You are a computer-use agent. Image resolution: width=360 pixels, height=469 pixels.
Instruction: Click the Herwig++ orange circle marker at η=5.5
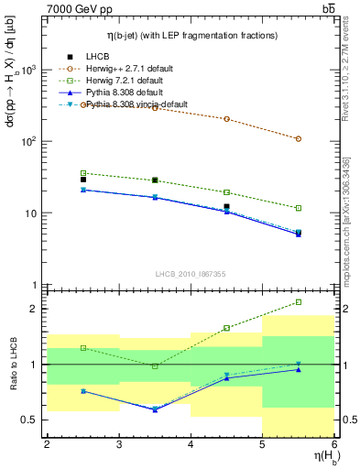(x=299, y=138)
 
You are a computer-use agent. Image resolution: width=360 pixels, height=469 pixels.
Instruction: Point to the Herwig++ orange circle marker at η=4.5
(x=227, y=119)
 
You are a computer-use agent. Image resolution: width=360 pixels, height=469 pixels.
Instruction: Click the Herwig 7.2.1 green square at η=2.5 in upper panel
(x=83, y=173)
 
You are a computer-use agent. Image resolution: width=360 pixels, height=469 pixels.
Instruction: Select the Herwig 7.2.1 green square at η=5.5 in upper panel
(x=299, y=208)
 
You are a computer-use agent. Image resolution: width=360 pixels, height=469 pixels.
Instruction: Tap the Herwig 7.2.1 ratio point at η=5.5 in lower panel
(x=299, y=301)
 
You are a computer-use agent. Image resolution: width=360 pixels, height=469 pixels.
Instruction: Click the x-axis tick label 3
(x=119, y=444)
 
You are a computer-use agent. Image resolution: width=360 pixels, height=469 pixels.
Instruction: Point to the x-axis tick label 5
(x=263, y=444)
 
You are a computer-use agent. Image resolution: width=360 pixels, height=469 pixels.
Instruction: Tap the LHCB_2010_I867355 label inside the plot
(x=191, y=274)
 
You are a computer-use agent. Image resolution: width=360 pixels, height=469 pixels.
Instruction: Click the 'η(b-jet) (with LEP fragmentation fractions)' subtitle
(x=191, y=34)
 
